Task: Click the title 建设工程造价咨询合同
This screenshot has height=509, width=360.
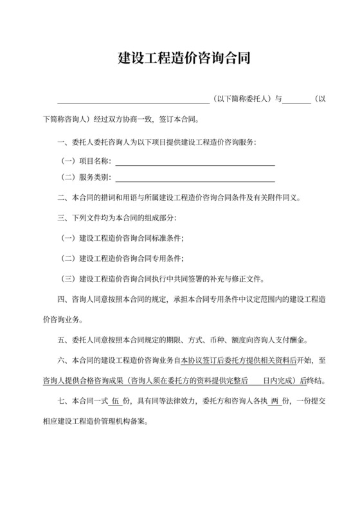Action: click(180, 58)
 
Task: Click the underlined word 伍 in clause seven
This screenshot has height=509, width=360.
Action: click(116, 402)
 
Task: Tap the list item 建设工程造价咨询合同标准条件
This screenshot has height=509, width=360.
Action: click(131, 238)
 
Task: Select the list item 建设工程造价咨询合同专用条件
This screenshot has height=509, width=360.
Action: click(131, 259)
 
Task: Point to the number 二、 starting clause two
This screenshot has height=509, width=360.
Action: click(62, 197)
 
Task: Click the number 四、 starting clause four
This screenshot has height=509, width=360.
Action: click(62, 298)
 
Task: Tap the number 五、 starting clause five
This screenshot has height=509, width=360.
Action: click(62, 339)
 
